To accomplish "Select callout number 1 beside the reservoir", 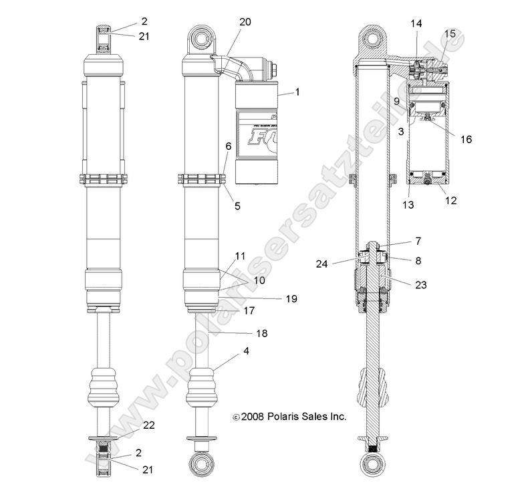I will coord(297,92).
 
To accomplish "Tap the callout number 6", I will coord(229,165).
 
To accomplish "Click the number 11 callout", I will coord(240,256).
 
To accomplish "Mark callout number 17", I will coord(249,310).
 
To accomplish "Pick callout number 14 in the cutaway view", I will coord(416,23).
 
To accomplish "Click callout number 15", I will coord(450,33).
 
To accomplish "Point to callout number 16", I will coord(466,139).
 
